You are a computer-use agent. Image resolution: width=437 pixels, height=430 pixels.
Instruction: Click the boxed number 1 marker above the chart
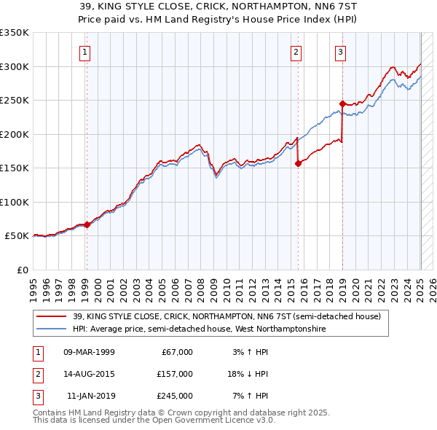[86, 52]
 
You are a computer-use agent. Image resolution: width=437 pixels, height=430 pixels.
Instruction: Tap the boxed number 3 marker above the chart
[341, 52]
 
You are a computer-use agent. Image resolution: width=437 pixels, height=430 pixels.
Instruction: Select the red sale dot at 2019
[342, 103]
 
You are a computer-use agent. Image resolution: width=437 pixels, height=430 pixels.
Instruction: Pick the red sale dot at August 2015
[298, 164]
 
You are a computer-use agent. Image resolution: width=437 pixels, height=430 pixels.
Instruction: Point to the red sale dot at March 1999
[87, 224]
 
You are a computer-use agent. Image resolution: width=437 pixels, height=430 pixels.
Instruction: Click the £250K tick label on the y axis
[15, 101]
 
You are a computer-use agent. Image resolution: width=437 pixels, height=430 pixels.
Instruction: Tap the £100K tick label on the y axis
[15, 202]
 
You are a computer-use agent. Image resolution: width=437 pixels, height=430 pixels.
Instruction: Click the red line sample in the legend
[50, 316]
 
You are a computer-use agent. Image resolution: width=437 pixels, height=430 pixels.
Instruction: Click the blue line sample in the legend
[50, 329]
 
